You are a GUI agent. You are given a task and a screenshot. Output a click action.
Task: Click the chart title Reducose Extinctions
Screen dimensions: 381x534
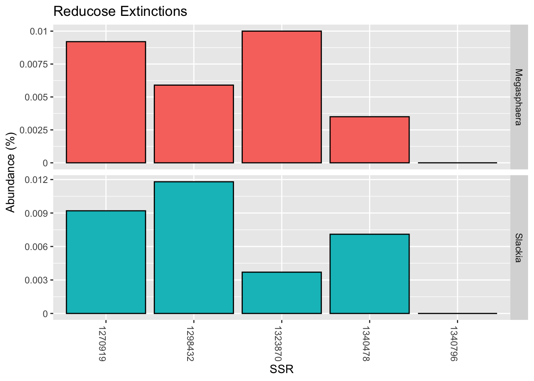pos(120,11)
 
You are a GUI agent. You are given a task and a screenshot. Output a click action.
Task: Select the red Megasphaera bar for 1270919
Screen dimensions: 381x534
pos(106,102)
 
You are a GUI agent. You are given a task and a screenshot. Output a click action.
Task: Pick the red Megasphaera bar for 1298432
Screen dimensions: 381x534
pos(193,124)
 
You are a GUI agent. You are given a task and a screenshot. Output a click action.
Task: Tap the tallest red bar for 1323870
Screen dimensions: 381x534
pos(281,97)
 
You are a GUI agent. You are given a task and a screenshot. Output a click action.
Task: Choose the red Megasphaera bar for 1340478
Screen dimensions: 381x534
pos(369,140)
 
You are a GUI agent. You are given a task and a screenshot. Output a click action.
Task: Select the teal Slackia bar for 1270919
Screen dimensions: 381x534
pos(106,262)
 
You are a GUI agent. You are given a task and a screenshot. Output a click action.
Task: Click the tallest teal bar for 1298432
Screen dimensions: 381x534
pos(193,248)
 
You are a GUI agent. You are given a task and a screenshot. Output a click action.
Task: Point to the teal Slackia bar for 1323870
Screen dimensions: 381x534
pos(281,293)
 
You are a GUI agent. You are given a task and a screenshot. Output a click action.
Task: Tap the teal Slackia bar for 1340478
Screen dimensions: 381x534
pos(369,274)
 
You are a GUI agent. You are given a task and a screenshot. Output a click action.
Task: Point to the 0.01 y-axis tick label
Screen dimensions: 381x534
pos(39,31)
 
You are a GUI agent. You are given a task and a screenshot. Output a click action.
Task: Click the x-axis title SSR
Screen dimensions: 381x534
pos(281,369)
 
